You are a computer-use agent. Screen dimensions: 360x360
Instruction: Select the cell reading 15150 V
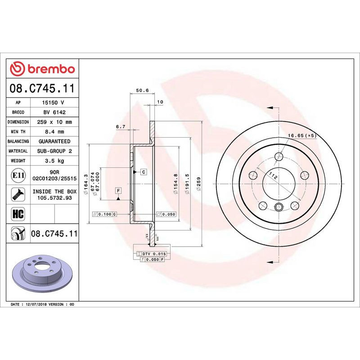point(54,103)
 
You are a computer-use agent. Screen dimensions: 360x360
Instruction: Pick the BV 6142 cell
point(54,112)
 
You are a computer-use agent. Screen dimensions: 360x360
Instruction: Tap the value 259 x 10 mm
point(54,122)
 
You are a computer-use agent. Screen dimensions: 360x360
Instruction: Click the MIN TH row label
point(18,132)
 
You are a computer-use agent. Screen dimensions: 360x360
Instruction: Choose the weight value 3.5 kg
point(54,161)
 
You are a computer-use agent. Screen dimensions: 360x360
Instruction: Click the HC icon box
point(18,213)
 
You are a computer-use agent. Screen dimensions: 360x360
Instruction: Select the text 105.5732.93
point(54,197)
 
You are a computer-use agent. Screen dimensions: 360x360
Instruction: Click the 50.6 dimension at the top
point(142,91)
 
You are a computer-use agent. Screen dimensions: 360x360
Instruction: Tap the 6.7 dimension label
point(120,127)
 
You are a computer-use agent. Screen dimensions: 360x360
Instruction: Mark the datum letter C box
point(143,172)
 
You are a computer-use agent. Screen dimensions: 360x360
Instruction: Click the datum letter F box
point(118,190)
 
